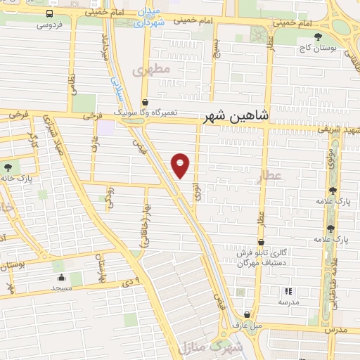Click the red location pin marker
(180, 165)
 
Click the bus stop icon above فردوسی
(51, 13)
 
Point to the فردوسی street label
(49, 25)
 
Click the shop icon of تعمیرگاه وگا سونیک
(144, 102)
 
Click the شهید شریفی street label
(337, 129)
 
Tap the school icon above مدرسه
(288, 291)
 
